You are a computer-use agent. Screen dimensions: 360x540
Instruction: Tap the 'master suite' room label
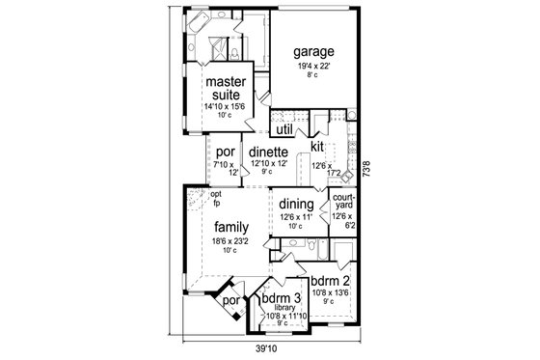pyautogui.click(x=229, y=89)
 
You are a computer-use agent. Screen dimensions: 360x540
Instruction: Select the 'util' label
pyautogui.click(x=284, y=127)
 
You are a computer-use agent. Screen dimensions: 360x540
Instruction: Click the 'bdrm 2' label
pyautogui.click(x=330, y=280)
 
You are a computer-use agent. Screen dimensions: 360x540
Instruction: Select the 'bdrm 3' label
pyautogui.click(x=283, y=298)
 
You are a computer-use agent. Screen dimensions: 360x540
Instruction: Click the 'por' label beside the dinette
pyautogui.click(x=226, y=152)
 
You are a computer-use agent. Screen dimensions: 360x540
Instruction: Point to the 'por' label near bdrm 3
pyautogui.click(x=229, y=300)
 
